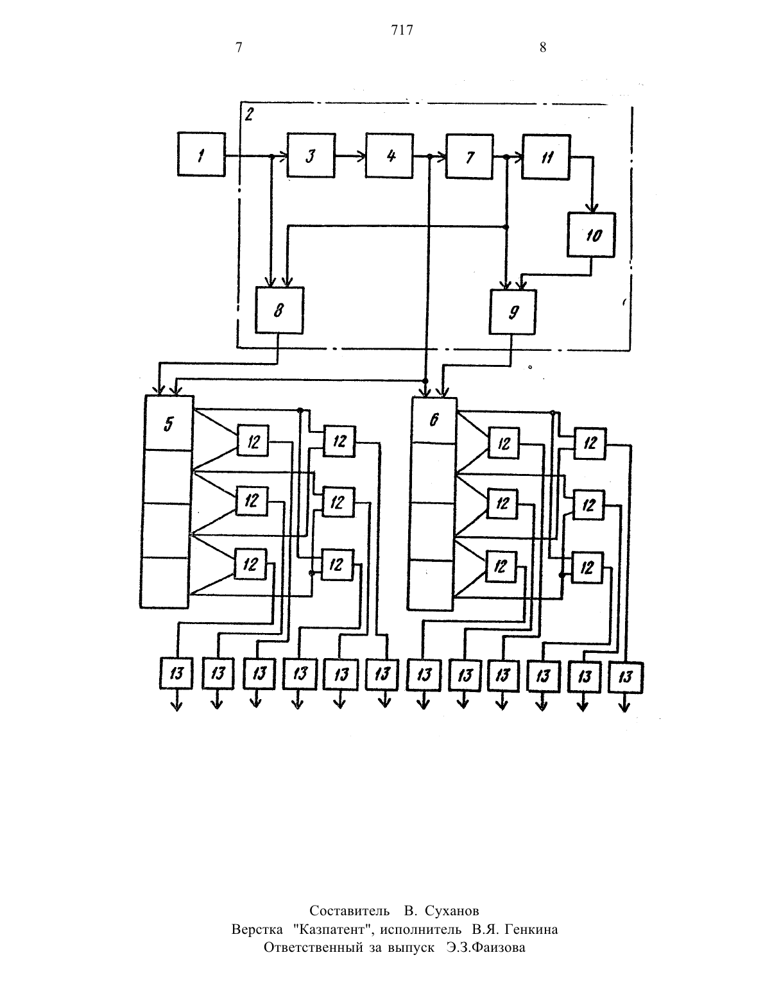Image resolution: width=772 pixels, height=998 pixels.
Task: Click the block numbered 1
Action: (202, 155)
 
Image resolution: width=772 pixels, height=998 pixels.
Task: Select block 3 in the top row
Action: (311, 155)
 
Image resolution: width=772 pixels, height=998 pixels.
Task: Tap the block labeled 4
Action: (390, 155)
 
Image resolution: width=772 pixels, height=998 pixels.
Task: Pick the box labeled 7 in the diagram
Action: (470, 156)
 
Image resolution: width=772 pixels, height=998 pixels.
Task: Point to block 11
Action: (546, 156)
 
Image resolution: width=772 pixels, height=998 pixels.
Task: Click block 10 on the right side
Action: (592, 234)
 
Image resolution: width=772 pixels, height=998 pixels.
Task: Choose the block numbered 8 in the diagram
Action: (279, 310)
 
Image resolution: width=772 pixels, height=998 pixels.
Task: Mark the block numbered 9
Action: (513, 312)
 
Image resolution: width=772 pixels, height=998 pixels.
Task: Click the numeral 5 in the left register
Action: (169, 424)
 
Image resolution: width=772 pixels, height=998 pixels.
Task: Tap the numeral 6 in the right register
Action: (434, 419)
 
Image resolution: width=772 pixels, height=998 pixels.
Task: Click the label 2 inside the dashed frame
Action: (249, 114)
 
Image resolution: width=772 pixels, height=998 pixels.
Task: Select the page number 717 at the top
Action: (402, 30)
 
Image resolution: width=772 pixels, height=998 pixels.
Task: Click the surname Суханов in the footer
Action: (452, 910)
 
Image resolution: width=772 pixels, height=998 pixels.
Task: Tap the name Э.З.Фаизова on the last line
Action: (486, 947)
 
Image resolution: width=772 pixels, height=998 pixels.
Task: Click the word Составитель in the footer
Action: (349, 910)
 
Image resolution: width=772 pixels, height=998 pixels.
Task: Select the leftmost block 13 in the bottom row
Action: (176, 673)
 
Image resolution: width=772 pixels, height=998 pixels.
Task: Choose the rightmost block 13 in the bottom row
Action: (626, 677)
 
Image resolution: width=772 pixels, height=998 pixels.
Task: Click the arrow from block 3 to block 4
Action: (350, 156)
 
